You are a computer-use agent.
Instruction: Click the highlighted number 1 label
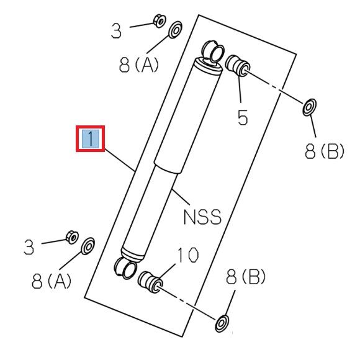91,139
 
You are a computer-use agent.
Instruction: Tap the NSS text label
202,217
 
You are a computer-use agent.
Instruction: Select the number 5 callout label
243,117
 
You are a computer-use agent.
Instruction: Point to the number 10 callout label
187,254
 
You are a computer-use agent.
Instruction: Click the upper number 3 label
117,31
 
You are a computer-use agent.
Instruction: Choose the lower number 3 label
29,248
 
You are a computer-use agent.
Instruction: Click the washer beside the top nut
176,29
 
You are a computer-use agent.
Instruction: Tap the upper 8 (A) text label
138,64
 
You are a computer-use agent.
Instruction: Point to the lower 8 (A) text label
52,281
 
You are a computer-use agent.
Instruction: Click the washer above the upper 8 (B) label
308,109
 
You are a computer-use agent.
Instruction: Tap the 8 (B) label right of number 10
246,276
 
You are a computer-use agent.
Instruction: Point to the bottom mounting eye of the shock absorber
124,268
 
